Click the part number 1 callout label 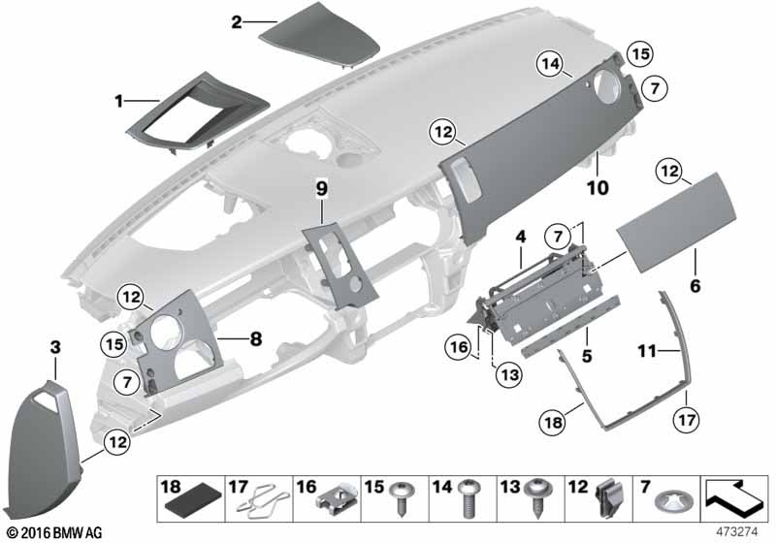(118, 102)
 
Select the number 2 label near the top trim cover (237, 22)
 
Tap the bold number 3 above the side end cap (55, 347)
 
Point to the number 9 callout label (322, 188)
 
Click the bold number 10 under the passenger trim (598, 188)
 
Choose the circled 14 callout (551, 64)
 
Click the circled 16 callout (459, 347)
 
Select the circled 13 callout (509, 375)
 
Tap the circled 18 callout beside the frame (553, 423)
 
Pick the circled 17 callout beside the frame (687, 420)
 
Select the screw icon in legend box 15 (402, 497)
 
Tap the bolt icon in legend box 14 (469, 498)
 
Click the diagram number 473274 (737, 532)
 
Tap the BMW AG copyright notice (55, 533)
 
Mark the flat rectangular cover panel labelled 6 (676, 223)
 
